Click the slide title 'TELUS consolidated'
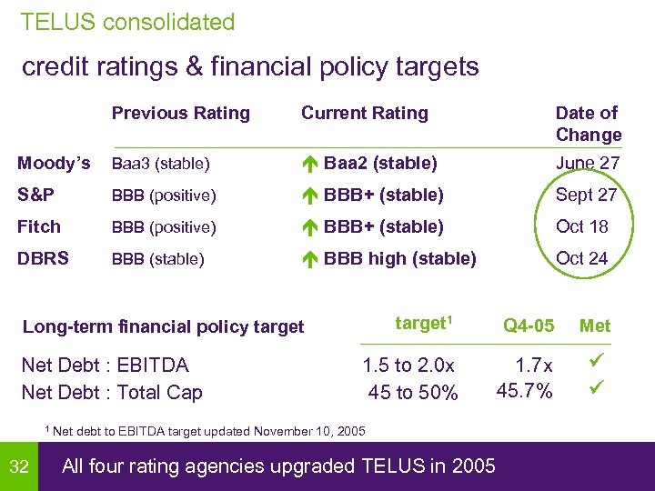point(127,22)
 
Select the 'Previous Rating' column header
point(180,113)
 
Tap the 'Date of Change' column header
point(588,124)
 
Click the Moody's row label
point(54,164)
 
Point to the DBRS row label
point(43,258)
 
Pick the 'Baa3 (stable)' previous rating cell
point(161,165)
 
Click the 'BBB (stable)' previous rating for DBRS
point(157,259)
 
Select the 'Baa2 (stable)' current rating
point(380,164)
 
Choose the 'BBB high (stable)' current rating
point(399,258)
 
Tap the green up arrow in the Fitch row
point(309,227)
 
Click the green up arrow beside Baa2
point(309,165)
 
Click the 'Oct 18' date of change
point(581,226)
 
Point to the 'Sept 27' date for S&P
point(586,195)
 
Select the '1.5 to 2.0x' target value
point(408,366)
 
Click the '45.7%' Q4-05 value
point(524,392)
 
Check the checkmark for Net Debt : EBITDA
point(596,364)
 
